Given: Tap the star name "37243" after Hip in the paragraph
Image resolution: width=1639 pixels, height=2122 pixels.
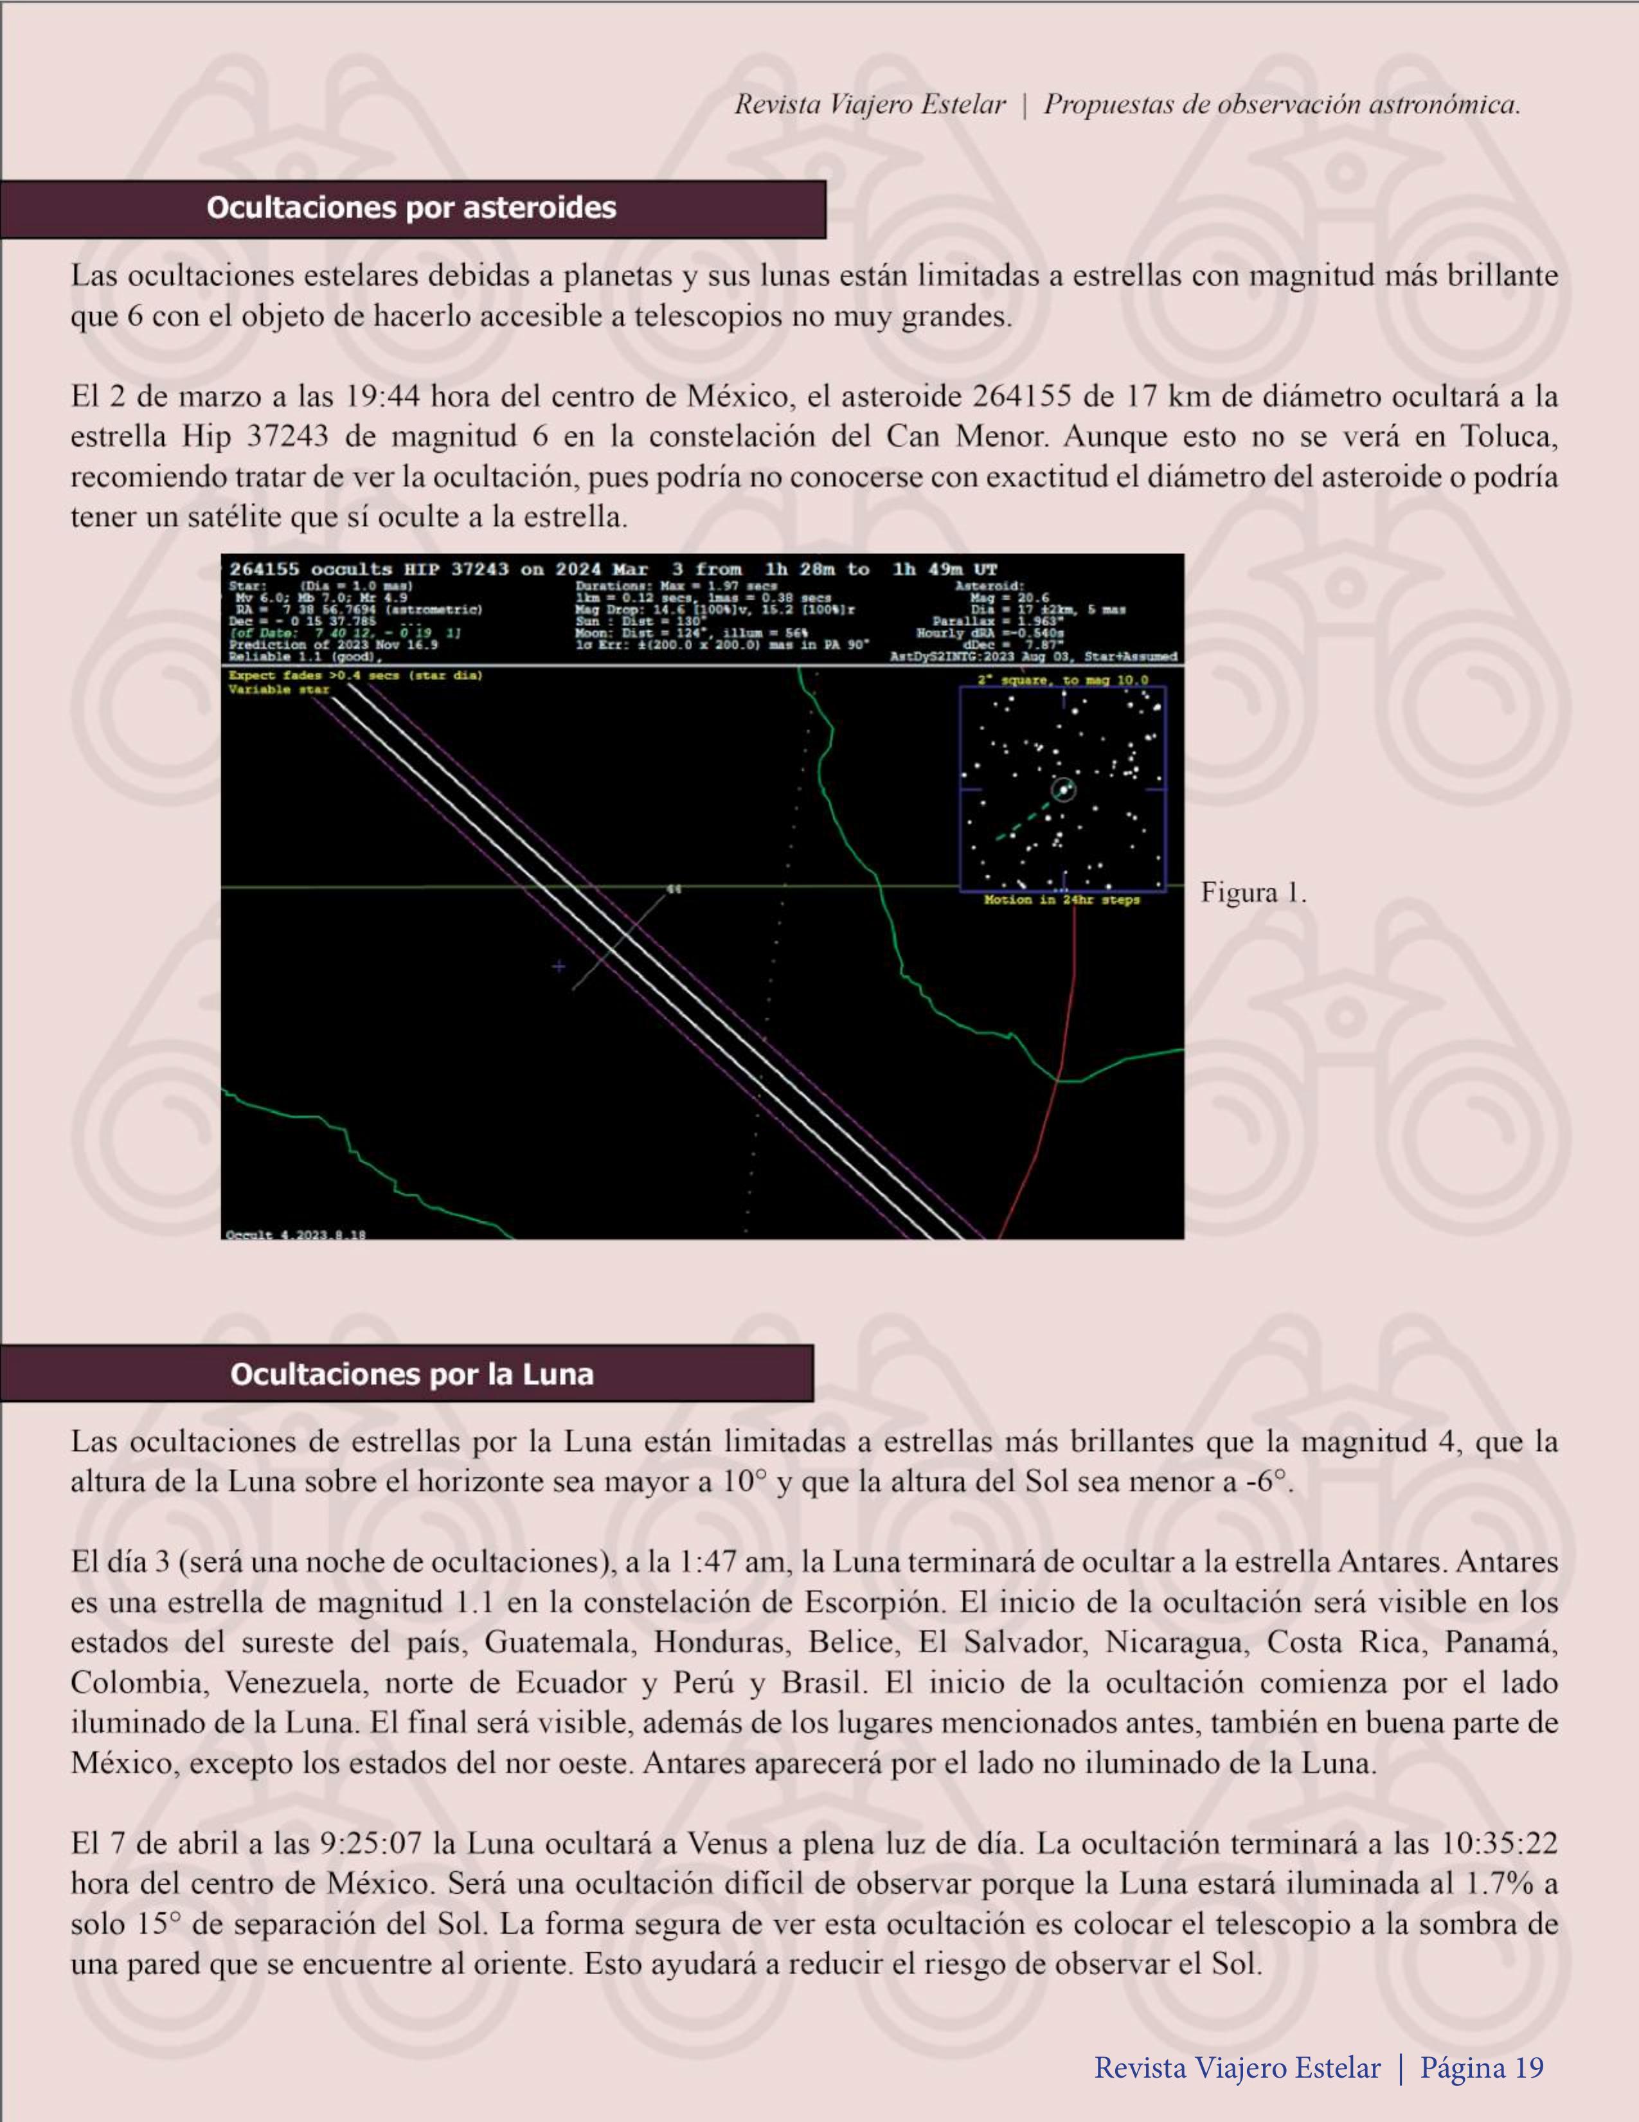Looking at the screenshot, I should point(289,436).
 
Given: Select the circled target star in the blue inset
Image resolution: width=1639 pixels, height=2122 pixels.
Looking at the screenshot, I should point(1064,790).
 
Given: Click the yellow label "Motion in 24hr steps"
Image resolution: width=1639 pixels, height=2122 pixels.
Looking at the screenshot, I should point(1062,900).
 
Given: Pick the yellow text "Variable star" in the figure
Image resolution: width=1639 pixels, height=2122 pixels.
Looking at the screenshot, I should point(279,689).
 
